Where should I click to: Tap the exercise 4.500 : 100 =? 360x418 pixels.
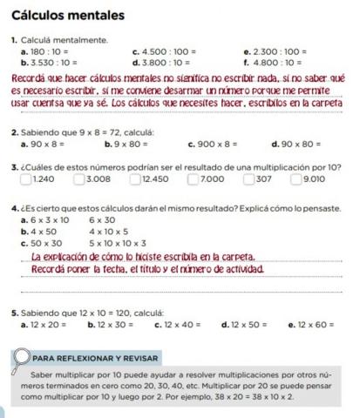tap(162, 52)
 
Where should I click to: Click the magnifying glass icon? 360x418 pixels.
tap(19, 358)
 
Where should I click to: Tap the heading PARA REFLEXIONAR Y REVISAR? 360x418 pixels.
tap(95, 358)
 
